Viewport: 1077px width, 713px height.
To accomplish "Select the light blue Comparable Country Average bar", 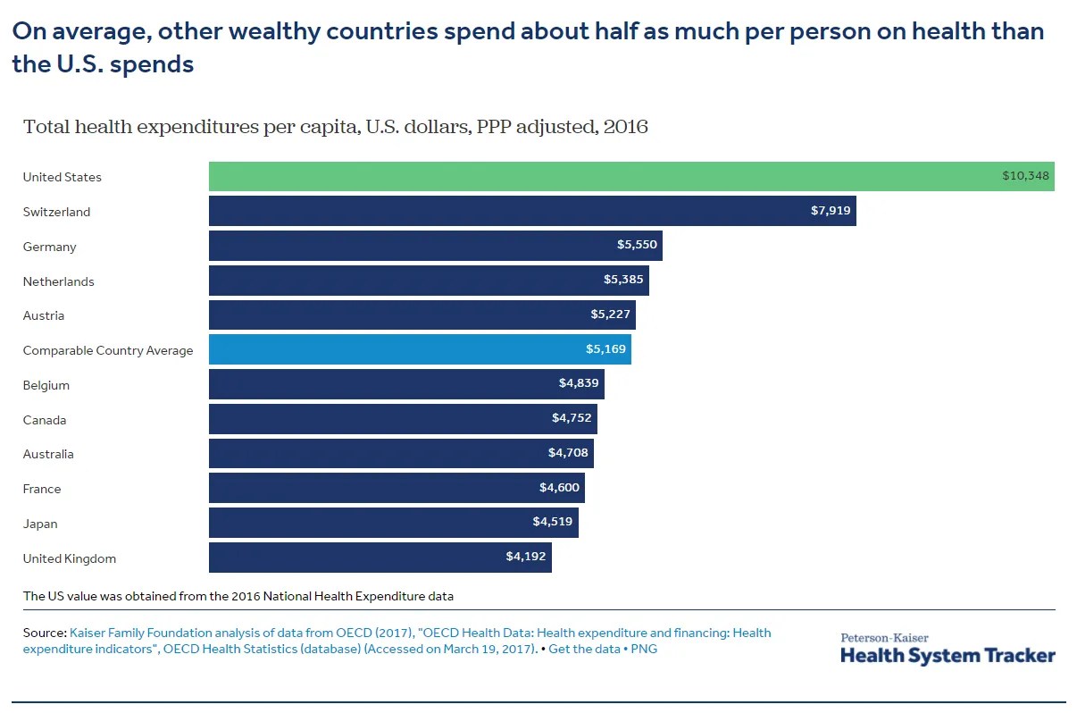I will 420,349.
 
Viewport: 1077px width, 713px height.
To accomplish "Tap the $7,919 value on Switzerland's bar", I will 831,212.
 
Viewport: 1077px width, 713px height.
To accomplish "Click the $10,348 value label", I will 1025,176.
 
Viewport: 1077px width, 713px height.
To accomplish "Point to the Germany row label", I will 50,247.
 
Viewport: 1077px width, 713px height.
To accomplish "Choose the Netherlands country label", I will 59,281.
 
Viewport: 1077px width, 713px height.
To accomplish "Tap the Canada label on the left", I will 45,420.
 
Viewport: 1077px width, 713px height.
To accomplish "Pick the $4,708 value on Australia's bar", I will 568,453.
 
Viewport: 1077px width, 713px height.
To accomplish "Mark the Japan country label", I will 40,524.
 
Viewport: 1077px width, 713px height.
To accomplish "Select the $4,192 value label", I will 526,557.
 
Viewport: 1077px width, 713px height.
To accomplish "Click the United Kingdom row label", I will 70,558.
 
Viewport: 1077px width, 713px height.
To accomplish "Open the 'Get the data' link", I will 584,649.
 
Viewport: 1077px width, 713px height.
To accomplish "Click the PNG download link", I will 644,649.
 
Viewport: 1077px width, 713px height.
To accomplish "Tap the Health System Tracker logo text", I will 948,655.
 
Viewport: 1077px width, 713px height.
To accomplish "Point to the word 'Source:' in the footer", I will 45,633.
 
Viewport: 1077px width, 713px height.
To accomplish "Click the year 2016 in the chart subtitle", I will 625,127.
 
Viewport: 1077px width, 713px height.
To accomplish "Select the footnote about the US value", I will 238,595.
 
